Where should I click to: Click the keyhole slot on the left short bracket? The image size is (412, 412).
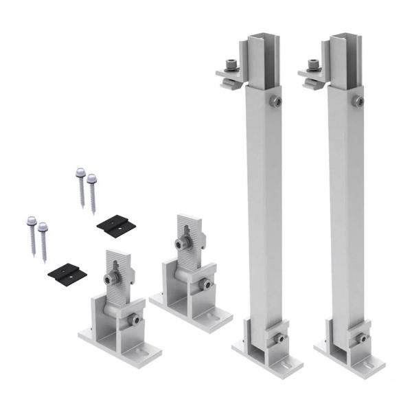point(114,262)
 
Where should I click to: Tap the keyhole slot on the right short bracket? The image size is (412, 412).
point(187,227)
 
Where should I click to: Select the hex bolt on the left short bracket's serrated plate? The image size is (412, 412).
point(111,279)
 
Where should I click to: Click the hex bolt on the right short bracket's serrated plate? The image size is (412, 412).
point(183,244)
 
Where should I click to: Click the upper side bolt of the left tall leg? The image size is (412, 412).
point(275,102)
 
